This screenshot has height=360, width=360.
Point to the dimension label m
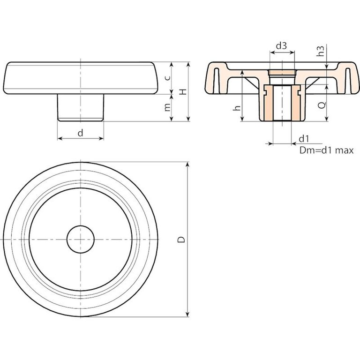(168, 107)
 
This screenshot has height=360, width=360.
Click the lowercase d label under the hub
(80, 134)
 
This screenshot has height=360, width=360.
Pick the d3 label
(281, 46)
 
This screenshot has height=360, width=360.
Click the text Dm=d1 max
(326, 150)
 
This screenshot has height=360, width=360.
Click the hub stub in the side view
(81, 107)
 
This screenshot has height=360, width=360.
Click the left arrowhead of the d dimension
(60, 139)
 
